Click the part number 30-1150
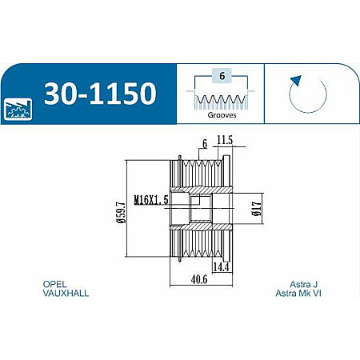pyautogui.click(x=100, y=94)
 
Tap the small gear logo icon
pyautogui.click(x=18, y=110)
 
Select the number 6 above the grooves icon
pyautogui.click(x=222, y=76)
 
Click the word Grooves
pyautogui.click(x=222, y=115)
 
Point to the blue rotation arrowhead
pyautogui.click(x=296, y=80)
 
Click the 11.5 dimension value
pyautogui.click(x=225, y=140)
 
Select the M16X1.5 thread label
pyautogui.click(x=151, y=199)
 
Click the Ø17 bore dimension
pyautogui.click(x=256, y=209)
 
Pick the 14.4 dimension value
pyautogui.click(x=221, y=267)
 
